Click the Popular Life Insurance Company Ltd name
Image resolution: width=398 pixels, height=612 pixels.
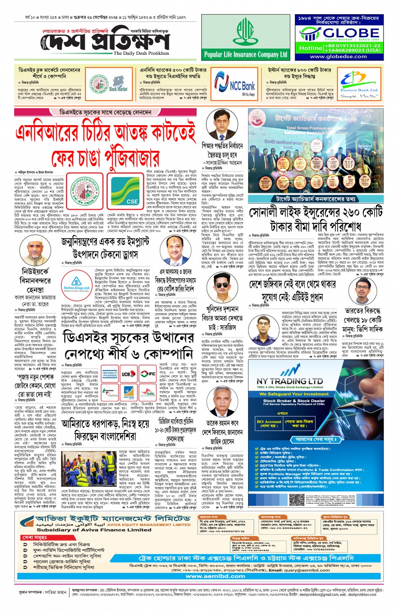tap(246, 54)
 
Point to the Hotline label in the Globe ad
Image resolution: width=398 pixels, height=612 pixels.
tap(311, 48)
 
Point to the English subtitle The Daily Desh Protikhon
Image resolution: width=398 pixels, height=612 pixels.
tap(141, 54)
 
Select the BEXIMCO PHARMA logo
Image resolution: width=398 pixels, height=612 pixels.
tap(110, 374)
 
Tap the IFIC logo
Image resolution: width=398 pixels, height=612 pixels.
tap(147, 374)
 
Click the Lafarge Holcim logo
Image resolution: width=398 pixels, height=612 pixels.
tap(110, 393)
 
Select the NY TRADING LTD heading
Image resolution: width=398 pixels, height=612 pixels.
tap(290, 381)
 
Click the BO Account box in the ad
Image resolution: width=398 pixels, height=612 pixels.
tap(269, 423)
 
